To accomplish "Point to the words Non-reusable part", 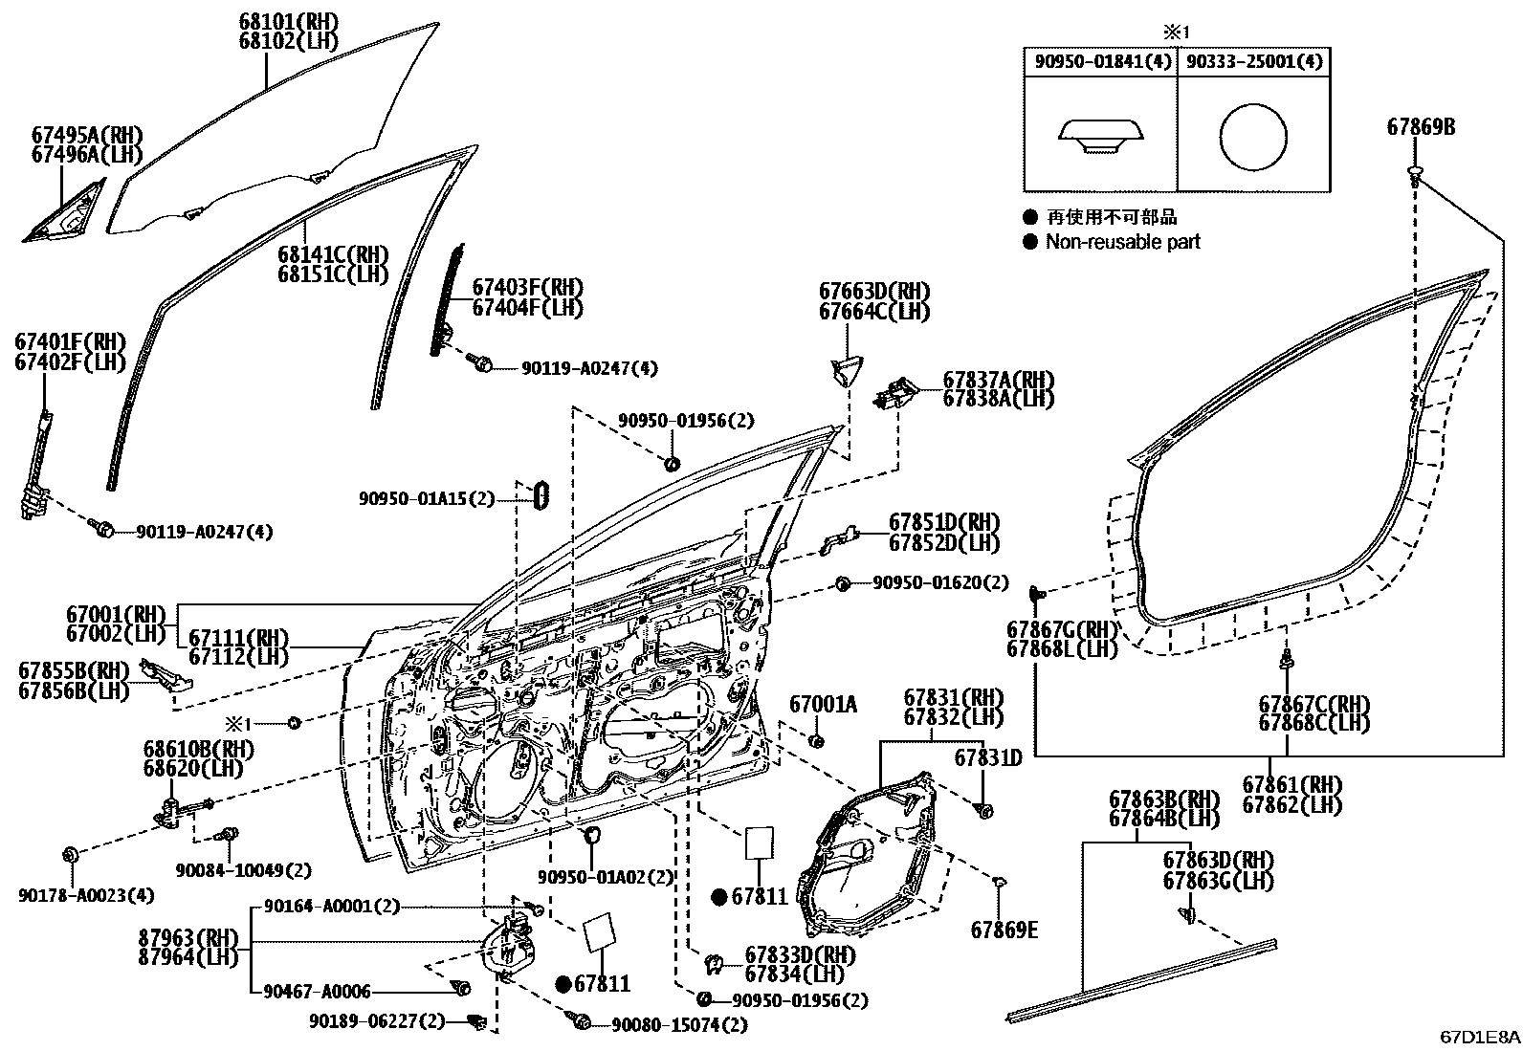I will (1122, 242).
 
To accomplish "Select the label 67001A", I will (823, 705).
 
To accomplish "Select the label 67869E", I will (1004, 930).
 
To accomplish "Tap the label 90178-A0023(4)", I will (86, 895).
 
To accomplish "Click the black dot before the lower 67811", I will (563, 983).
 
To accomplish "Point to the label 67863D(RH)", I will (1218, 859).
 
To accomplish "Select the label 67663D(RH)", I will (873, 292).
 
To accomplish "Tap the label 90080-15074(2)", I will (680, 1025).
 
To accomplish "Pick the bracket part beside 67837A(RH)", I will (895, 392).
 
